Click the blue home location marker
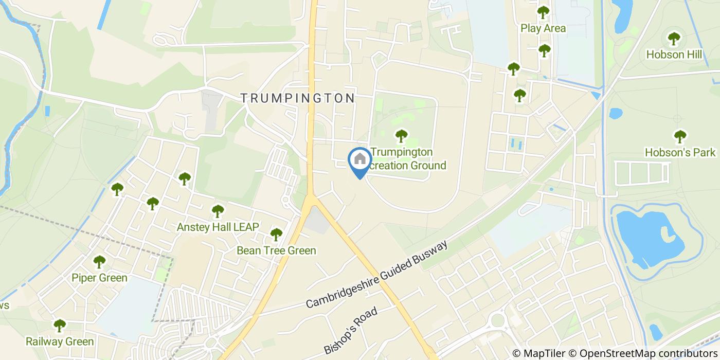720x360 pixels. [359, 160]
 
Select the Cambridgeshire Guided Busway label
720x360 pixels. [376, 274]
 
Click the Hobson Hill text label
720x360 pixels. [674, 55]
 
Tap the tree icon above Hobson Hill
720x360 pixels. [674, 38]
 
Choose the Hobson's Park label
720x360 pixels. [680, 152]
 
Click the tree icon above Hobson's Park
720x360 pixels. [680, 136]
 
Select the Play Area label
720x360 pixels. [543, 28]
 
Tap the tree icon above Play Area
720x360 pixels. [543, 11]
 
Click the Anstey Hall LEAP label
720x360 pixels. [218, 227]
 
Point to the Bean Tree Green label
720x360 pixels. [276, 250]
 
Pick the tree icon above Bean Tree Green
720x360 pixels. [276, 235]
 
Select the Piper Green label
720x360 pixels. [99, 278]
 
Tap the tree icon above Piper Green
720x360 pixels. [99, 262]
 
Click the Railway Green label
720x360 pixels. [60, 341]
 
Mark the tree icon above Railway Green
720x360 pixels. [60, 325]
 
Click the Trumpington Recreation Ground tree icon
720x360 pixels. [401, 136]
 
